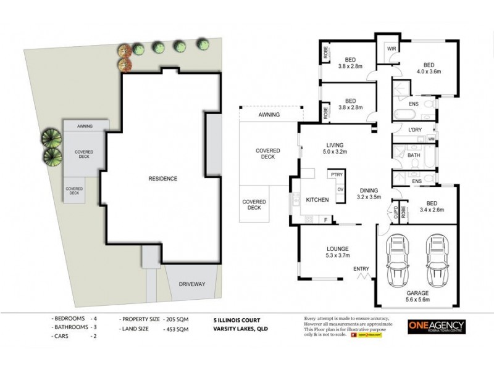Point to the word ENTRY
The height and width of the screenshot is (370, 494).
(361, 269)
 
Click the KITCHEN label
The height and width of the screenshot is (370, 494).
(317, 200)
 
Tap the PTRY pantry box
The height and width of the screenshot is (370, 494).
(337, 175)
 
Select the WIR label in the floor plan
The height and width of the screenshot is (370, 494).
(391, 48)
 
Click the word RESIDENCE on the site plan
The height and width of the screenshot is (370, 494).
(163, 179)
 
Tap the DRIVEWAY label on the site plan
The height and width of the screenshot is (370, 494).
(192, 284)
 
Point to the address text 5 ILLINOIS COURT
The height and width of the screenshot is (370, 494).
(238, 320)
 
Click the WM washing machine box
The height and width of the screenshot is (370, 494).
(430, 139)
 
